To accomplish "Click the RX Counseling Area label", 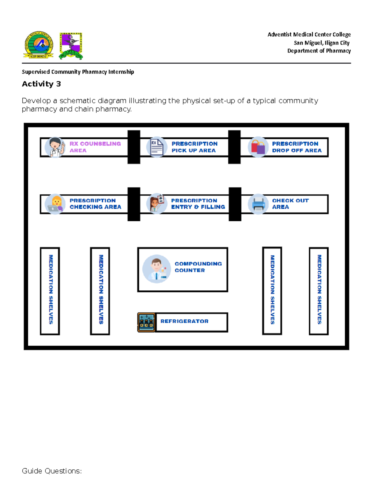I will tap(95, 147).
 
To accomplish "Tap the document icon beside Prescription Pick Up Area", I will tap(157, 147).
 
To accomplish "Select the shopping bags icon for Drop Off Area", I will tap(258, 147).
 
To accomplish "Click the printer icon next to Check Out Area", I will tap(258, 204).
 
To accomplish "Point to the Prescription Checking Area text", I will tap(95, 204).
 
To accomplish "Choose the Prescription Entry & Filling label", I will tap(198, 204).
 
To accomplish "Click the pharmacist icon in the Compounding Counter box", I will tap(156, 269).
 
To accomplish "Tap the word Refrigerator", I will tap(184, 321).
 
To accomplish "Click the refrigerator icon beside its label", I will tap(146, 322).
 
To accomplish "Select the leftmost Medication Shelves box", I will tap(50, 291).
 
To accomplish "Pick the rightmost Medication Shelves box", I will tap(319, 291).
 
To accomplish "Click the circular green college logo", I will tap(39, 45).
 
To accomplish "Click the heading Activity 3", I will tap(41, 84).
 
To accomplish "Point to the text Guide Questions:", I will tap(52, 471).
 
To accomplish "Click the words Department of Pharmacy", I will tap(319, 51).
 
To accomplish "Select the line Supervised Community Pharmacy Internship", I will tap(78, 72).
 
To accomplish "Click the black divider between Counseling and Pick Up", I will tap(134, 147).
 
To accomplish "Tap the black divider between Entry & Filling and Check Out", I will tap(235, 204).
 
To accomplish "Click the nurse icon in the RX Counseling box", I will tap(55, 147).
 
